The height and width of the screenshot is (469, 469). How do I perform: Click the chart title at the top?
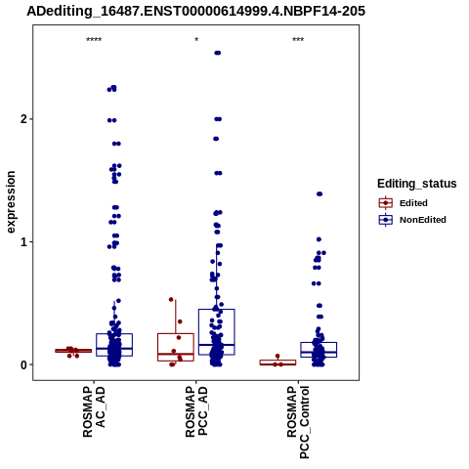point(195,11)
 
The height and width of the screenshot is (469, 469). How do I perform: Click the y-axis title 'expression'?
point(11,202)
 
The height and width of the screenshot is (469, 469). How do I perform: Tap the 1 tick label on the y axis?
point(23,242)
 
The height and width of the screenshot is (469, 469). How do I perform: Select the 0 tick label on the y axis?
point(23,364)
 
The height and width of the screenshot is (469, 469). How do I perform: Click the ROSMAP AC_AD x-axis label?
point(94,411)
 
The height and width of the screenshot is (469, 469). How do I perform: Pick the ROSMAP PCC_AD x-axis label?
point(196,411)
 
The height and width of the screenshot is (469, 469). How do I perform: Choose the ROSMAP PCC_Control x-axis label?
point(298,422)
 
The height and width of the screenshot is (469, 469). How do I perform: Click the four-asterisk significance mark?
point(94,40)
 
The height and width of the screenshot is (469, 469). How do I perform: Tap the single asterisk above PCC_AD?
point(196,40)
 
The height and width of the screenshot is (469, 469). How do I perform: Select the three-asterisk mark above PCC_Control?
point(298,40)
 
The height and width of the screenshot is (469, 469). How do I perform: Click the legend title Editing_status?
point(417,184)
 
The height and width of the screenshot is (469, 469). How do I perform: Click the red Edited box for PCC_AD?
point(176,347)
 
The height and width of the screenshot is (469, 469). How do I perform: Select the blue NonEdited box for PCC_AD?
point(217,332)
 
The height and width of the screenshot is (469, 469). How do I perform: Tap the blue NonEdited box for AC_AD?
point(114,345)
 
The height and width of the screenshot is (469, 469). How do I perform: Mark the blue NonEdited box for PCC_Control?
point(319,350)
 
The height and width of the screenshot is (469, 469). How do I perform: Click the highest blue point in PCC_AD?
point(218,53)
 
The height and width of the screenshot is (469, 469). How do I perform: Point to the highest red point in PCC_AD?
point(171,299)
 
